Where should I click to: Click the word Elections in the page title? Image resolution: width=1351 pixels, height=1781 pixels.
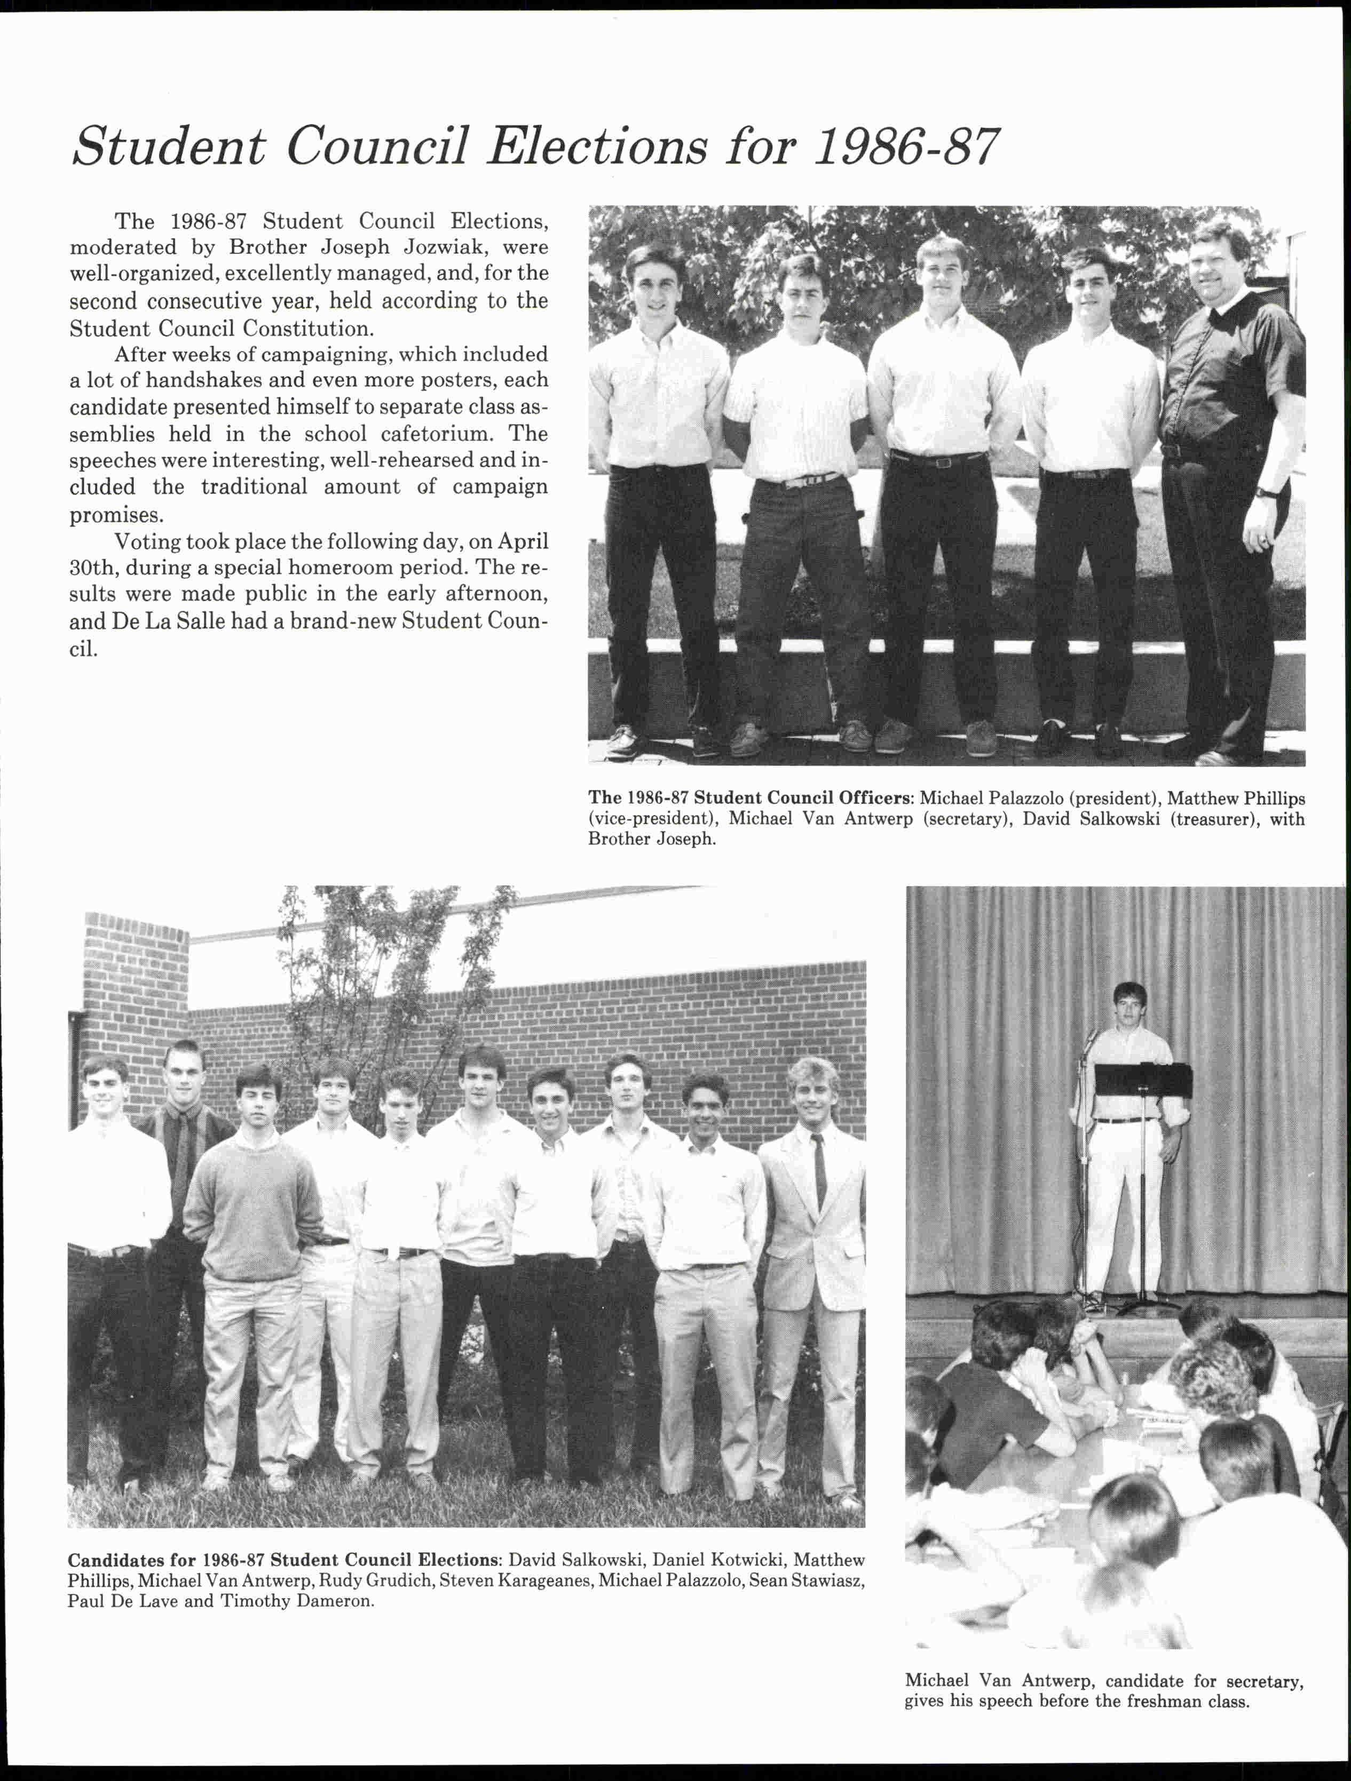597,147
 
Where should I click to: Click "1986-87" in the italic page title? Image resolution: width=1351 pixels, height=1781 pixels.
906,147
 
